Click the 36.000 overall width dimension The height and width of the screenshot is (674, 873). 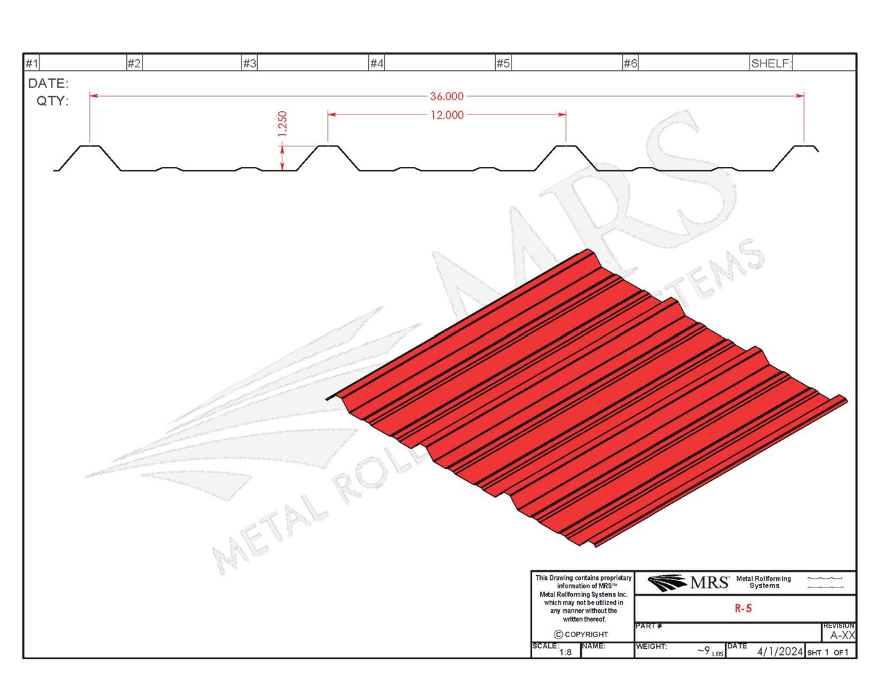coord(447,96)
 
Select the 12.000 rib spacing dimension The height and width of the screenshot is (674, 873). coord(447,115)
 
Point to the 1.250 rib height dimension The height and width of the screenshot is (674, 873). coord(282,124)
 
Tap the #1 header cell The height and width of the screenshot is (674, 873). coord(32,63)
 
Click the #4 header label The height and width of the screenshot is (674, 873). coord(376,63)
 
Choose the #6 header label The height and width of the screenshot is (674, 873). coord(630,63)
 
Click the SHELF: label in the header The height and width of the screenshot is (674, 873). coord(771,63)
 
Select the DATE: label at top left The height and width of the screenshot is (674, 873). coord(48,83)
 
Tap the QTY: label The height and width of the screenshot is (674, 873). coord(53,101)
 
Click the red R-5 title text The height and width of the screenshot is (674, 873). coord(743,609)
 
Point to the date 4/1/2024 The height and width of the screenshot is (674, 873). coord(780,652)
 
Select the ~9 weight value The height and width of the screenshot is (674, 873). coord(704,651)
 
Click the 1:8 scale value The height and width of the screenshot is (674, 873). coord(565,652)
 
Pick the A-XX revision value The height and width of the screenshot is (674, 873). coord(842,635)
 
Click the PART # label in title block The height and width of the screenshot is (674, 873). coord(649,626)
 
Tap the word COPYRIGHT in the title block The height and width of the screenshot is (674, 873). coord(586,634)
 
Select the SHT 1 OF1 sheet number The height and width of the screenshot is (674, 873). coord(827,652)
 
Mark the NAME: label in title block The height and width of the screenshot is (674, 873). coord(593,646)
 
